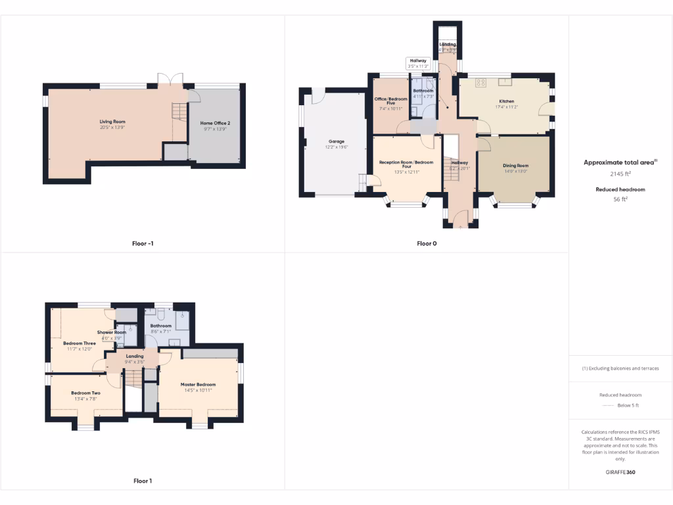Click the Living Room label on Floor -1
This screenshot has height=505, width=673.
(x=112, y=122)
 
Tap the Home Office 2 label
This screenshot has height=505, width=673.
(x=215, y=123)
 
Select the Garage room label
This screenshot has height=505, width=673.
(x=336, y=141)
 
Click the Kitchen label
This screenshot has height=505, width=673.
(x=505, y=101)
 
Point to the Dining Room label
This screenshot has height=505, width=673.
(x=516, y=166)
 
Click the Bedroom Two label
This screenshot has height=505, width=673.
(x=85, y=393)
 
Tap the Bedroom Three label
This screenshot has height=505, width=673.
(x=80, y=343)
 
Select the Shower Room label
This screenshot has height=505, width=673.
(x=112, y=333)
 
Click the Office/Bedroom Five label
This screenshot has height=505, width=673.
(x=391, y=101)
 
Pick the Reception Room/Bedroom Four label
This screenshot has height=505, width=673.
(x=406, y=164)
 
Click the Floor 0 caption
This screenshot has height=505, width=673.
(x=427, y=243)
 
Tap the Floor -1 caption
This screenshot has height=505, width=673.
(x=143, y=243)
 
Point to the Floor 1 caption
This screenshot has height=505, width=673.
(x=143, y=481)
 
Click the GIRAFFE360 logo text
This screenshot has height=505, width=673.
(x=620, y=472)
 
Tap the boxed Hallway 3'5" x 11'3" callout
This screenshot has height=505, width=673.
(x=418, y=63)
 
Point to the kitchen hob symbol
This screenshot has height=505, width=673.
(x=480, y=83)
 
